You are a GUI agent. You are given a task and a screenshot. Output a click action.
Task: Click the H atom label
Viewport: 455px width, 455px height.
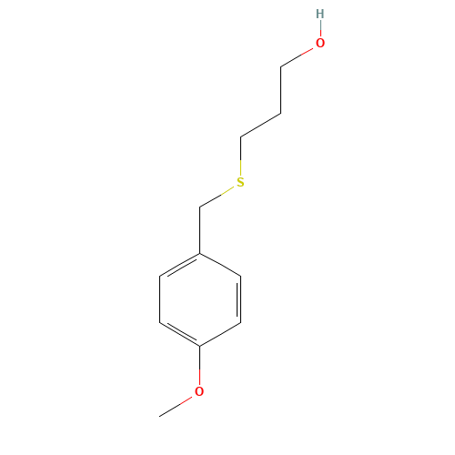[x=320, y=14]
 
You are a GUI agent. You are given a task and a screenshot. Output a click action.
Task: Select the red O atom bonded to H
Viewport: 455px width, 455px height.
[x=320, y=43]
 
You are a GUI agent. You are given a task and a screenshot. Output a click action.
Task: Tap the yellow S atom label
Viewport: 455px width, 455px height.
[x=240, y=182]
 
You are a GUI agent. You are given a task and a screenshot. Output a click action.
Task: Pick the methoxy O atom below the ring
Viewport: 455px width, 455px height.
[x=199, y=391]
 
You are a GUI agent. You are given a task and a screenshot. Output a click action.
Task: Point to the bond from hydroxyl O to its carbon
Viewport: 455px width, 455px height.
[x=297, y=57]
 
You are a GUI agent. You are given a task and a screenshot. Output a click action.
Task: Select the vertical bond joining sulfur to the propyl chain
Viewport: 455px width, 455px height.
[x=240, y=157]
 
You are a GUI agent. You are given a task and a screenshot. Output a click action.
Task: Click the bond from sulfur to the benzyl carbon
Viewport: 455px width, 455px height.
[x=217, y=197]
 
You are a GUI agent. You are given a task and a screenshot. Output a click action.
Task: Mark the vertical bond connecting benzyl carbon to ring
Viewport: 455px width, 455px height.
[x=200, y=230]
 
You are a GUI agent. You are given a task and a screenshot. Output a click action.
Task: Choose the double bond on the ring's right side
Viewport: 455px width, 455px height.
[x=239, y=299]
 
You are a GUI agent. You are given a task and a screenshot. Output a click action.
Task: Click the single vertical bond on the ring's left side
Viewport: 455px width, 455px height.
[x=160, y=299]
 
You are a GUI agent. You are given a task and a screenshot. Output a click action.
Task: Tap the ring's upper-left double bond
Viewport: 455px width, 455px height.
[x=180, y=266]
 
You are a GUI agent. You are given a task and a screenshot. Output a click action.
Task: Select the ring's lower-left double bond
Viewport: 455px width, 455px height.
[x=180, y=333]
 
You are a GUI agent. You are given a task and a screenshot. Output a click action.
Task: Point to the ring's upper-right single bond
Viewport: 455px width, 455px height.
[x=220, y=265]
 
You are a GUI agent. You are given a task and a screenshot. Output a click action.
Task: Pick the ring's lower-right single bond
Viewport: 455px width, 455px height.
[x=220, y=334]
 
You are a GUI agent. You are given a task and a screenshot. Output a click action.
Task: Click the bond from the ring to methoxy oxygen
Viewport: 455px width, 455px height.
[x=200, y=365]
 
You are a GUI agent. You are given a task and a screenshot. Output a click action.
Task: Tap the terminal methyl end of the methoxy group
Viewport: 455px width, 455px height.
[x=160, y=416]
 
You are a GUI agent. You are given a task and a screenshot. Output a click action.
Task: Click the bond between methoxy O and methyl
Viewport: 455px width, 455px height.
[x=176, y=407]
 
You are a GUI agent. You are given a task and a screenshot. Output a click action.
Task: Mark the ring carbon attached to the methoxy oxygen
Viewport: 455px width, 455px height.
[x=200, y=346]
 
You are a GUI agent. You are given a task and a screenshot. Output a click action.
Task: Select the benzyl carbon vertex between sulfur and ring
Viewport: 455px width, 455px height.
[x=200, y=207]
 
